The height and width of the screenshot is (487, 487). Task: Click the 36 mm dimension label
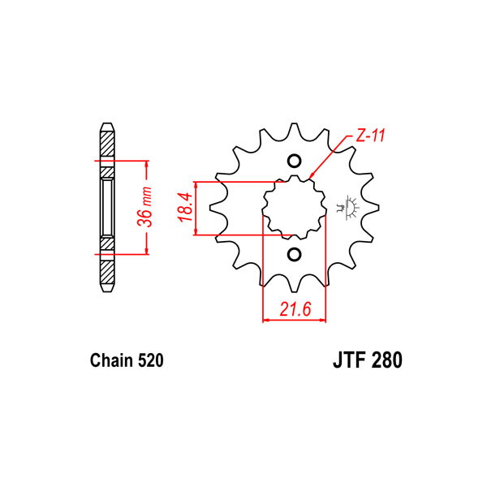point(144,208)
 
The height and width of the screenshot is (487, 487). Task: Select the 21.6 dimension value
point(295,309)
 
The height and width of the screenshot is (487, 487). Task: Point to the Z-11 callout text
point(370,136)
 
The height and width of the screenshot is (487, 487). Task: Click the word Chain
point(111,360)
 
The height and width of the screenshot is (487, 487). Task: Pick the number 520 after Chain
point(150,360)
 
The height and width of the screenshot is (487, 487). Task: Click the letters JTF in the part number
point(349,360)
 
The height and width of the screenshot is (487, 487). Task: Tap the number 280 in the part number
point(386,360)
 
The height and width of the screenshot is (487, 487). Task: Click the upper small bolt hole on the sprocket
point(294,161)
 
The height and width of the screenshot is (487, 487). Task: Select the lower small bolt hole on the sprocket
point(294,255)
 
